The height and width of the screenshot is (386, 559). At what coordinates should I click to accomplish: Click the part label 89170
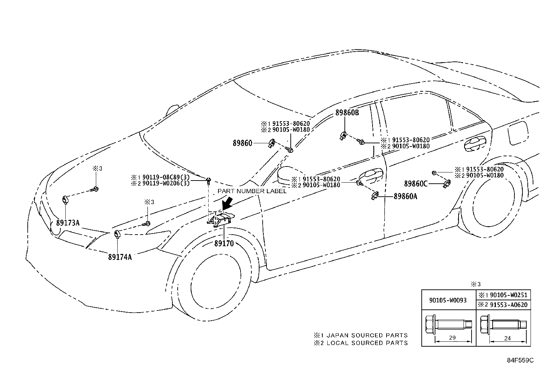[x=224, y=243]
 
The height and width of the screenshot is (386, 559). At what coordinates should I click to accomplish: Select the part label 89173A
[x=68, y=222]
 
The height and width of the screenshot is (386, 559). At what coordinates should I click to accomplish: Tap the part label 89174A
[x=120, y=257]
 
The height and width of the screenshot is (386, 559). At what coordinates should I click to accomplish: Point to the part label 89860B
[x=347, y=113]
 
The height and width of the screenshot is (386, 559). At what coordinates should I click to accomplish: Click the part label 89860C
[x=416, y=183]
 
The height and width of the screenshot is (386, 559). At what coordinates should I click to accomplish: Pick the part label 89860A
[x=405, y=197]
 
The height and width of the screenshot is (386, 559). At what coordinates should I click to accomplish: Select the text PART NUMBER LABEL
[x=252, y=191]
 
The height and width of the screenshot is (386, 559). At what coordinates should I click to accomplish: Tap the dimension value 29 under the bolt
[x=452, y=338]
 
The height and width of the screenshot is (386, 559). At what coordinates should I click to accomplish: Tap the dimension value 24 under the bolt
[x=507, y=339]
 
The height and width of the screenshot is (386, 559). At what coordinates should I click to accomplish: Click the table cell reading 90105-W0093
[x=448, y=300]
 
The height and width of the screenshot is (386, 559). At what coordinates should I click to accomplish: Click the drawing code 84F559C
[x=520, y=360]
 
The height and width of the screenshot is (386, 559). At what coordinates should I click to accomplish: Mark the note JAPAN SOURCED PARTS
[x=367, y=335]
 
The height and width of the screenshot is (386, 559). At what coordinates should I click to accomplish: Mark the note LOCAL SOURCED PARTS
[x=367, y=343]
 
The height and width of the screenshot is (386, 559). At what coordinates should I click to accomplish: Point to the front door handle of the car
[x=371, y=174]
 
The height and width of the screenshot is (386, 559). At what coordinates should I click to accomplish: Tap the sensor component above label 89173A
[x=65, y=199]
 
